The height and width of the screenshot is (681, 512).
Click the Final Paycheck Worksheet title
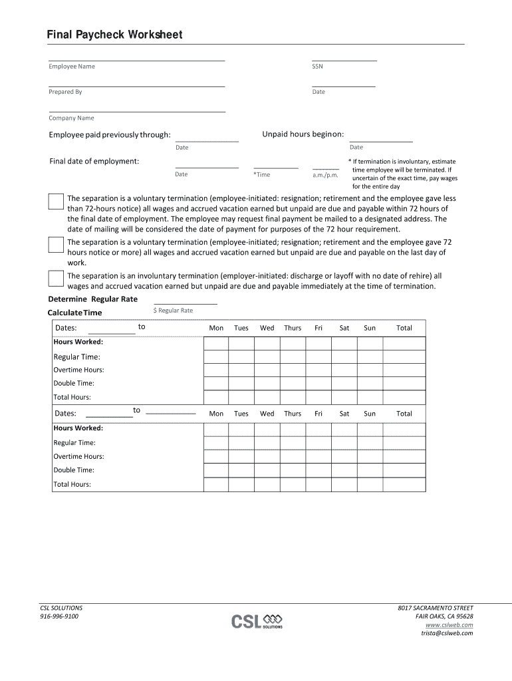[x=114, y=35]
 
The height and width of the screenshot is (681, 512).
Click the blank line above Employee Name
[x=136, y=60]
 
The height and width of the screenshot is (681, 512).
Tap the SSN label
[x=317, y=67]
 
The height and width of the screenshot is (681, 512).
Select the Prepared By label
[x=65, y=92]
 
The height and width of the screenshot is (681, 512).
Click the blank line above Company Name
[x=136, y=112]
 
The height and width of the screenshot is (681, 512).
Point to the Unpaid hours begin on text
[x=303, y=134]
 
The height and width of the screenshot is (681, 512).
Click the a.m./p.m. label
[x=326, y=175]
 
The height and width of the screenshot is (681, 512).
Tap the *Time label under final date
[x=261, y=175]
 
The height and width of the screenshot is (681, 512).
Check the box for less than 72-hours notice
[x=56, y=202]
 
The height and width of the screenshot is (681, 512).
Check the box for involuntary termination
[x=56, y=279]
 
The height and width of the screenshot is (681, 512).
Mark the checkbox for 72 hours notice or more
[x=56, y=245]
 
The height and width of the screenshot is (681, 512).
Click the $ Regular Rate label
[x=173, y=311]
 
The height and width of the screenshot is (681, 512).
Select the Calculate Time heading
[x=75, y=313]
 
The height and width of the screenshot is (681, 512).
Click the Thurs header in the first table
[x=293, y=328]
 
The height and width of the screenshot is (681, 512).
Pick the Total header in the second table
[x=404, y=414]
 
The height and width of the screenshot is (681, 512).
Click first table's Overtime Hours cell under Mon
[x=216, y=370]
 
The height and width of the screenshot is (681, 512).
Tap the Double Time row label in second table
[x=74, y=470]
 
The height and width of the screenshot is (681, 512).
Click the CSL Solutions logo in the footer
[x=257, y=621]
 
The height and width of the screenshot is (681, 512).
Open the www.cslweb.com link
[x=449, y=625]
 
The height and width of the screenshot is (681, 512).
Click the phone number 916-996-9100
[x=59, y=616]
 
